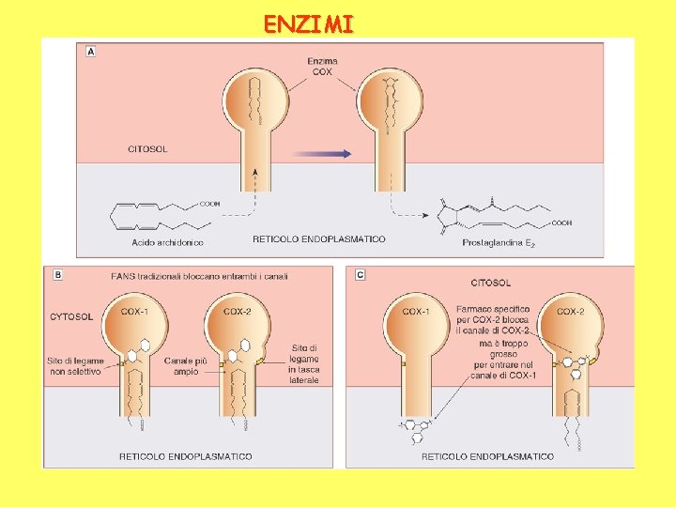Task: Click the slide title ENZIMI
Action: pos(309,23)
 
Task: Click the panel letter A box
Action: pos(91,52)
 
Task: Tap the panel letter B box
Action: pos(59,275)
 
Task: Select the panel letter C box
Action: pos(361,275)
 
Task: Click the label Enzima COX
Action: pos(322,67)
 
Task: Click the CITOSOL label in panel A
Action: pos(147,148)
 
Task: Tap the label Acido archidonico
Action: pos(169,242)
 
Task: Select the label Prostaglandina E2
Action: pos(499,242)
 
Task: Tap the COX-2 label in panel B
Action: pos(237,311)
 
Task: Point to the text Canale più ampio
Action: pos(180,365)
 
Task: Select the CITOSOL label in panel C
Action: pos(491,282)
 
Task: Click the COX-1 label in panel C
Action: pos(417,311)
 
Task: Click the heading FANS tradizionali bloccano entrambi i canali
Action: pos(184,276)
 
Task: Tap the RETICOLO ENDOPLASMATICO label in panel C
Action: pos(487,456)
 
